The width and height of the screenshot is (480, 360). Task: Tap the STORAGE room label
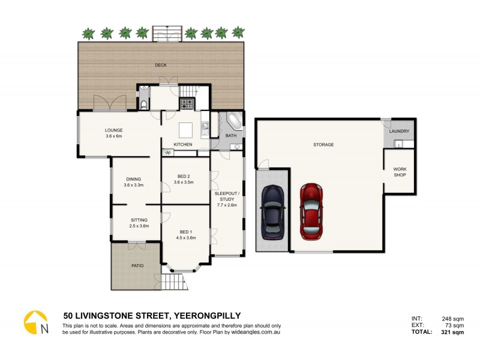pyautogui.click(x=323, y=145)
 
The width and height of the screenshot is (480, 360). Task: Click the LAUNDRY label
pyautogui.click(x=400, y=131)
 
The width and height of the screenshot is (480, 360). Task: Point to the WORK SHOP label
pyautogui.click(x=400, y=172)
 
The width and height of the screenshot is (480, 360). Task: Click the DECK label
pyautogui.click(x=160, y=65)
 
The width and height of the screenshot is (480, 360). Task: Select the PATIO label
pyautogui.click(x=137, y=265)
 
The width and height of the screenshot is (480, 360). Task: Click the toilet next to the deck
pyautogui.click(x=144, y=103)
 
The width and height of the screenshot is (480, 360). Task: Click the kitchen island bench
pyautogui.click(x=186, y=129)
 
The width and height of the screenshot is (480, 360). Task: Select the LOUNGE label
pyautogui.click(x=113, y=130)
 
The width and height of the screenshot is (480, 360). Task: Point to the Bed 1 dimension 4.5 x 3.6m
pyautogui.click(x=186, y=238)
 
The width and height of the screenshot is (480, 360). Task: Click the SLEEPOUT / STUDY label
pyautogui.click(x=227, y=196)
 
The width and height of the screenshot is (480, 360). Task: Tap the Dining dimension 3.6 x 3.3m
pyautogui.click(x=133, y=185)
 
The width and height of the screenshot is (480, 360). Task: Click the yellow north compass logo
pyautogui.click(x=35, y=323)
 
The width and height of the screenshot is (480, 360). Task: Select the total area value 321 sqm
pyautogui.click(x=450, y=332)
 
